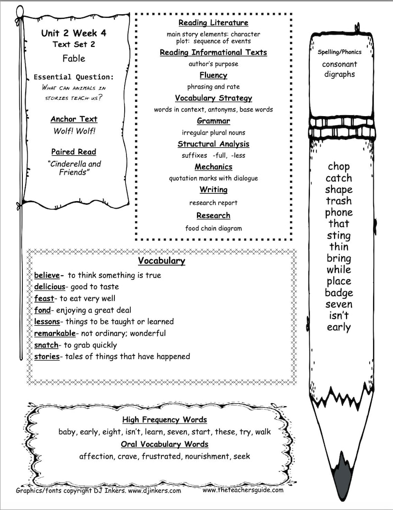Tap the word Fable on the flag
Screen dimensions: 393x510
(74, 58)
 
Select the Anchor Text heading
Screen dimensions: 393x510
(74, 119)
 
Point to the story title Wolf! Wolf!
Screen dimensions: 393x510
(74, 131)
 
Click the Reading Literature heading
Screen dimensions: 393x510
(213, 23)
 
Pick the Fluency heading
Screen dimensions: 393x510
(213, 75)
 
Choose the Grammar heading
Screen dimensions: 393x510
(213, 121)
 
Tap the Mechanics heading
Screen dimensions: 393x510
(213, 167)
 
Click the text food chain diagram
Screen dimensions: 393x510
(213, 228)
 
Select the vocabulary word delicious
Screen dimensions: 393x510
(49, 287)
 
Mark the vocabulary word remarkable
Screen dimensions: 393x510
(54, 334)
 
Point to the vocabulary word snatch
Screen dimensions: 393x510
(46, 345)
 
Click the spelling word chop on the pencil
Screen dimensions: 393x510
(339, 167)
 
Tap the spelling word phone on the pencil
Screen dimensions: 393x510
(339, 212)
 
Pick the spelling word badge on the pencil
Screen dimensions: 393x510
(339, 293)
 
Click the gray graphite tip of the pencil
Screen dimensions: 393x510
(342, 474)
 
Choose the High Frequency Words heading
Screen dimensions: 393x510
(164, 420)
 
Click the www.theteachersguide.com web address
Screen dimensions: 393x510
(243, 490)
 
